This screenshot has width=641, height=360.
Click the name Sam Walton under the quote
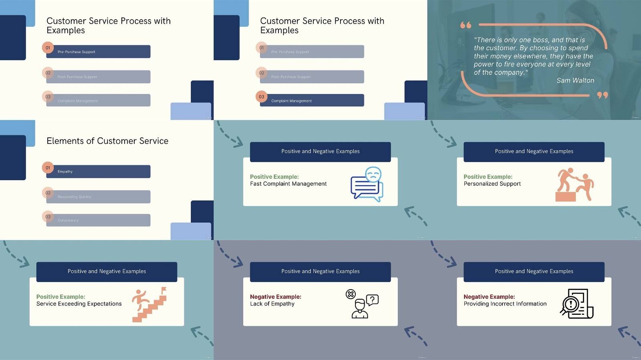pyautogui.click(x=575, y=80)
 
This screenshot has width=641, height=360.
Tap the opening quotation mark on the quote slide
pyautogui.click(x=466, y=25)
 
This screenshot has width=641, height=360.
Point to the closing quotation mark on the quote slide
pyautogui.click(x=602, y=95)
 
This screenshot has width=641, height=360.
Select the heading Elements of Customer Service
pyautogui.click(x=107, y=141)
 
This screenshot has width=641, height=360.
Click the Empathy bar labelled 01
pyautogui.click(x=98, y=171)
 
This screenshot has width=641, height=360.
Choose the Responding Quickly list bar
pyautogui.click(x=98, y=197)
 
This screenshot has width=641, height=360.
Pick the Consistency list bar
pyautogui.click(x=98, y=220)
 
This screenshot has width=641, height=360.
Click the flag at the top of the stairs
pyautogui.click(x=163, y=290)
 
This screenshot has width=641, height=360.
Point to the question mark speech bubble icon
pyautogui.click(x=373, y=300)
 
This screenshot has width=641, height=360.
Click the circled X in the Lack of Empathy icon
pyautogui.click(x=351, y=294)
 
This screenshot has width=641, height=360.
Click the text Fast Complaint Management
pyautogui.click(x=288, y=184)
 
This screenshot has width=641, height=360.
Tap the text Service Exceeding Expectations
pyautogui.click(x=79, y=304)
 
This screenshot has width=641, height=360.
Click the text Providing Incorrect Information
pyautogui.click(x=505, y=304)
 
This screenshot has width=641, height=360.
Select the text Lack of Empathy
pyautogui.click(x=272, y=304)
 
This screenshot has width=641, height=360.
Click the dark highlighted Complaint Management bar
pyautogui.click(x=312, y=101)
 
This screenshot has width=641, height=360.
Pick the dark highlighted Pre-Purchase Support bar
pyautogui.click(x=98, y=52)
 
